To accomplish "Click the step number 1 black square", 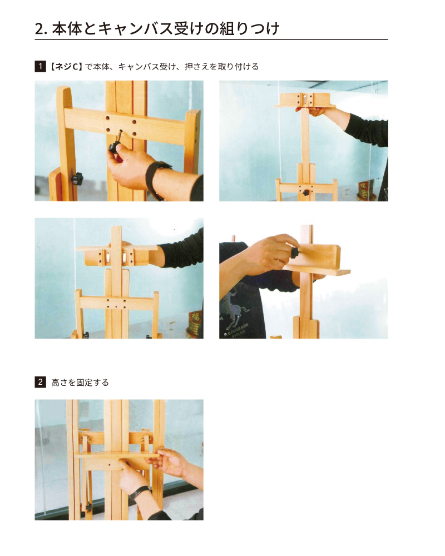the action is point(40,66).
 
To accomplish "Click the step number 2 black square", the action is point(40,382).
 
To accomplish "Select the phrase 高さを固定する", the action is point(80,383).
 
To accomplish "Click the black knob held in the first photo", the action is point(114,147).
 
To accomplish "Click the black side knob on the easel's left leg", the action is point(77,178).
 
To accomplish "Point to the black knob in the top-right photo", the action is point(305,193).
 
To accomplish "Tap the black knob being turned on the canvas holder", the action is point(295,253).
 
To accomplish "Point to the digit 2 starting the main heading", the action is point(39,29).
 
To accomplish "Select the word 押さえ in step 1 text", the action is point(197,66).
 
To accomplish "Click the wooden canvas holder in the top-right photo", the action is point(305,100).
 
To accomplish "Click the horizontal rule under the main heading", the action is point(211,39).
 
